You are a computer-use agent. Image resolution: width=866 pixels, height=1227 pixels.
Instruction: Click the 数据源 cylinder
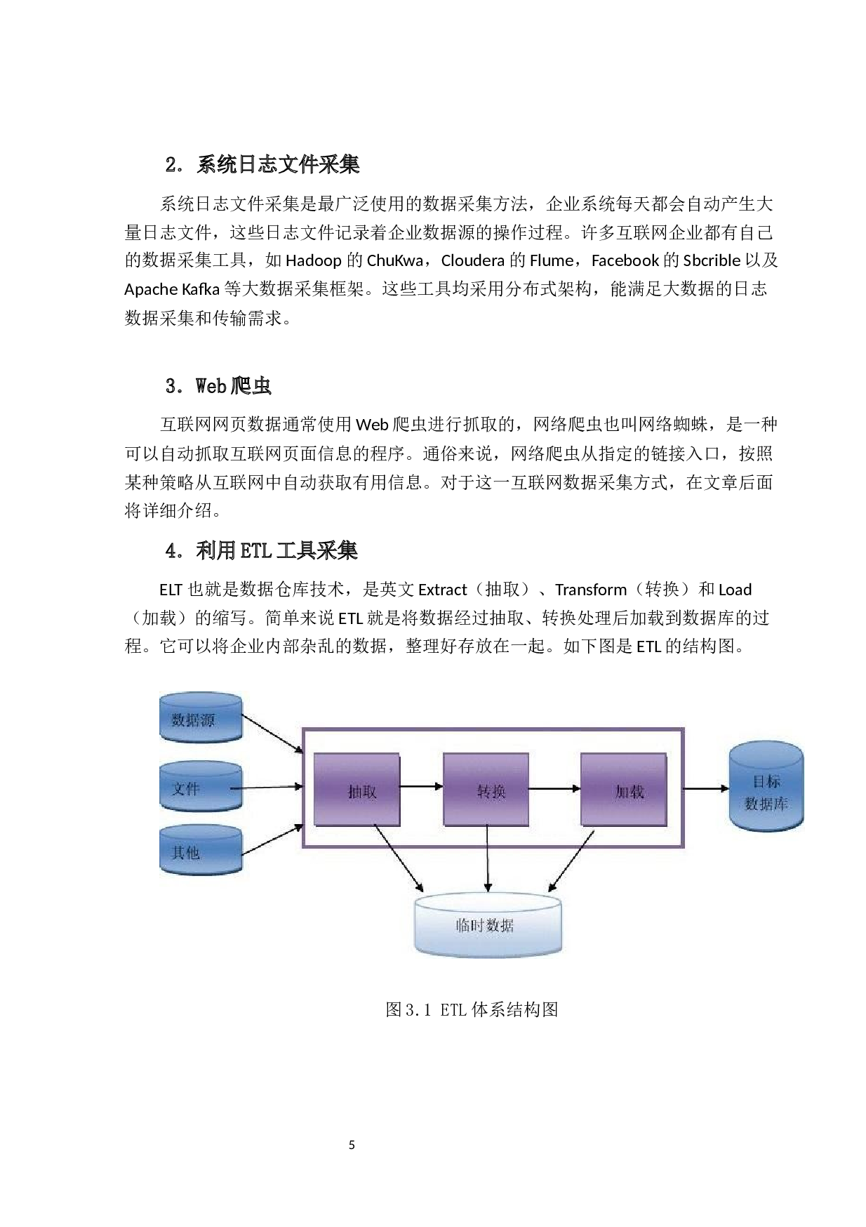pyautogui.click(x=201, y=717)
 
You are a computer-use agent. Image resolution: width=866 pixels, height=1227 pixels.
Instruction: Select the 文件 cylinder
pyautogui.click(x=201, y=787)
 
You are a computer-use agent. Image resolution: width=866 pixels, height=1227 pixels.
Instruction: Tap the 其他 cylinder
pyautogui.click(x=201, y=850)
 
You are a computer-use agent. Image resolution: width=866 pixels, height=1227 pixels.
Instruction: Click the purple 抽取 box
pyautogui.click(x=357, y=790)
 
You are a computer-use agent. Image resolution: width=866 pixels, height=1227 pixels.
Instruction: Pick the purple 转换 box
pyautogui.click(x=486, y=790)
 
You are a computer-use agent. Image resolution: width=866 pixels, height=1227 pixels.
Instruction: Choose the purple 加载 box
pyautogui.click(x=623, y=790)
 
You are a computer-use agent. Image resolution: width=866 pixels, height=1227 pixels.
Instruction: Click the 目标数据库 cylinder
pyautogui.click(x=766, y=787)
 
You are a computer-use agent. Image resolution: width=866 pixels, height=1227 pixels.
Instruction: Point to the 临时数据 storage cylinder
pyautogui.click(x=488, y=924)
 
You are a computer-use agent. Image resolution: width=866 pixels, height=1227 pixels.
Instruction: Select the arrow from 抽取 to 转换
pyautogui.click(x=421, y=787)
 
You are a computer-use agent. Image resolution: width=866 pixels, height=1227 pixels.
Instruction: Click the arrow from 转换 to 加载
pyautogui.click(x=554, y=788)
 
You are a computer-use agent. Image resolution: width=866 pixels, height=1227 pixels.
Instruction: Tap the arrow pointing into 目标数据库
pyautogui.click(x=705, y=788)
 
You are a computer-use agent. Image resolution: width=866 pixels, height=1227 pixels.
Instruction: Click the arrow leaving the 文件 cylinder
pyautogui.click(x=267, y=788)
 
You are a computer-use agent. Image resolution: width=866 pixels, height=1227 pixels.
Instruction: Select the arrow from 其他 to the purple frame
pyautogui.click(x=272, y=840)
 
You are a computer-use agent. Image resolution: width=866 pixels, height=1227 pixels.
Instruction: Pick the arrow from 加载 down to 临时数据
pyautogui.click(x=571, y=861)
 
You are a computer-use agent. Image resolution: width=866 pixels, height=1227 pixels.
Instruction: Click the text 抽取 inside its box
pyautogui.click(x=362, y=792)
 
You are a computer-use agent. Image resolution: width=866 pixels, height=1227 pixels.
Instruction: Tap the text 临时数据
pyautogui.click(x=485, y=925)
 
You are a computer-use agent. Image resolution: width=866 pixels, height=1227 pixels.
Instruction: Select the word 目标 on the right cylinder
pyautogui.click(x=766, y=781)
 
